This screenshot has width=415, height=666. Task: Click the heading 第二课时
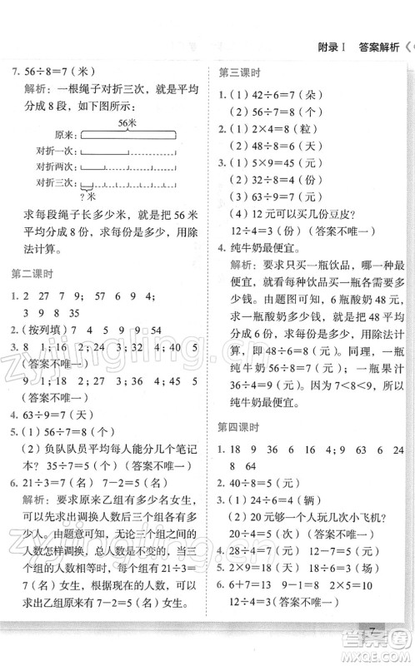[x=30, y=273]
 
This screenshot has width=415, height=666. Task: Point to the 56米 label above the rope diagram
[x=127, y=122]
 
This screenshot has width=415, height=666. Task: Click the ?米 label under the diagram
[x=84, y=196]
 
